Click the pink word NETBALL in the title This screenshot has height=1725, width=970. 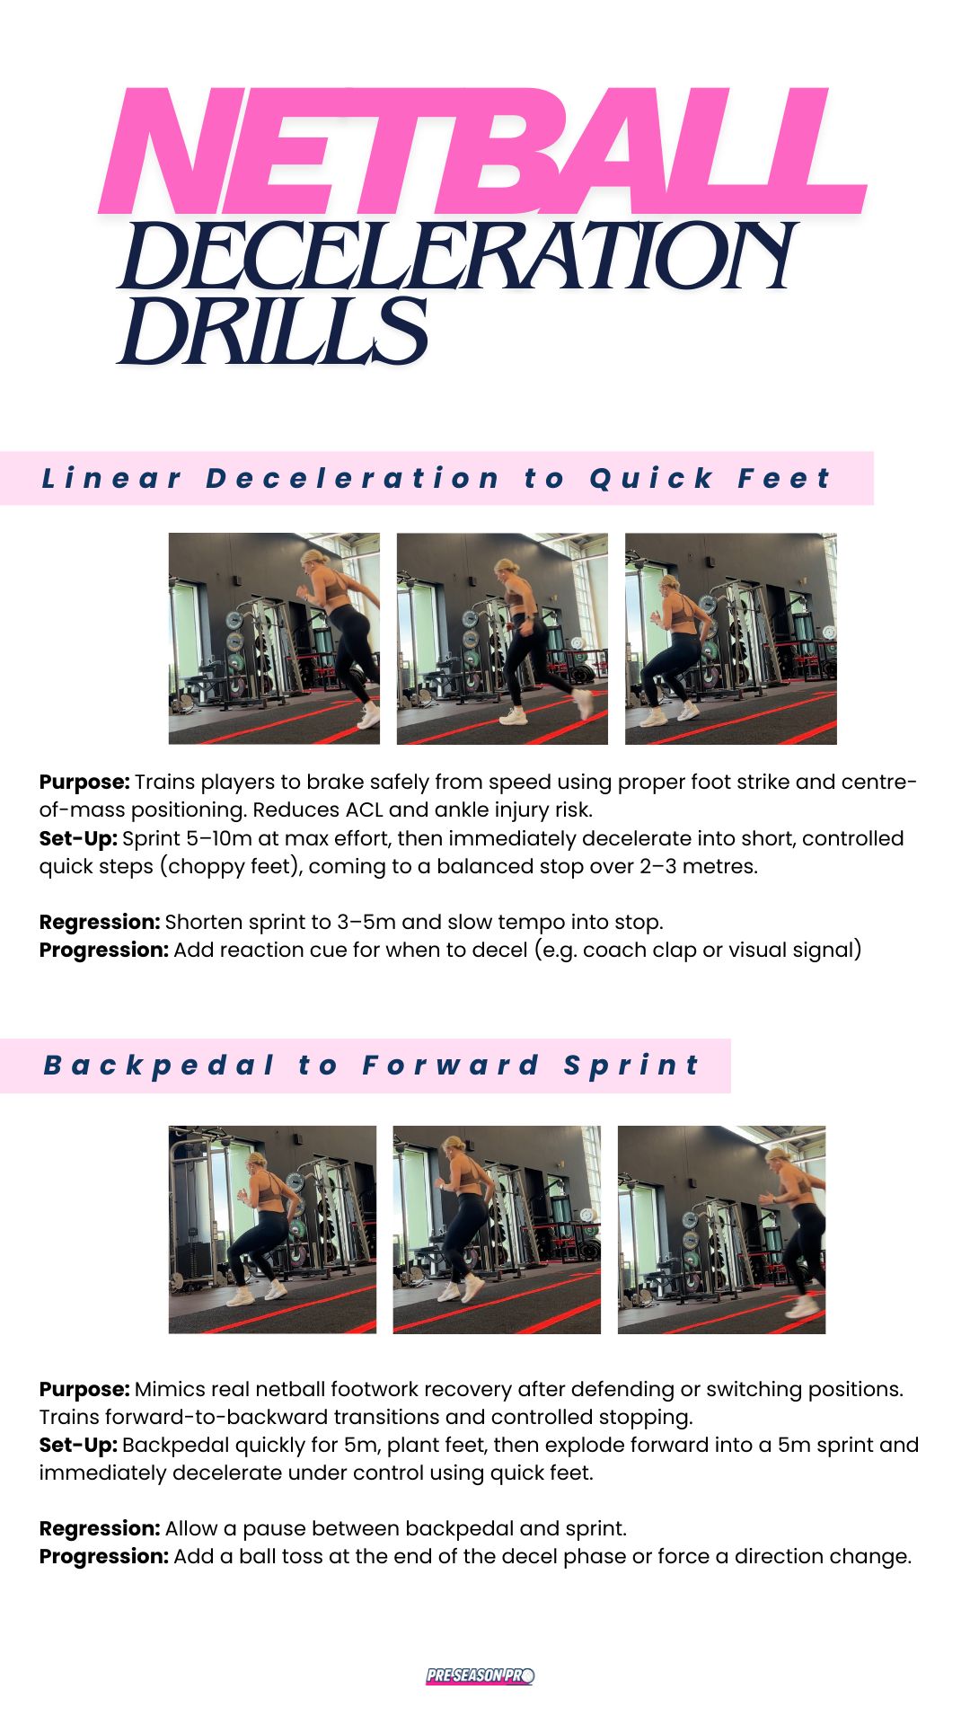[x=482, y=151]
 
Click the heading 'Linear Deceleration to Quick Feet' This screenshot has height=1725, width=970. [x=436, y=479]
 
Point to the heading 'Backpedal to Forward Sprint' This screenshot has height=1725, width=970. [x=371, y=1066]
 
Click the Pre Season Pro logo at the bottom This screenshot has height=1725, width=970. [x=481, y=1676]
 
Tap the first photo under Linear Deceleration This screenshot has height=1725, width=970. [x=274, y=639]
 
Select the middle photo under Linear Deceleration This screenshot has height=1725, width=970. [x=502, y=639]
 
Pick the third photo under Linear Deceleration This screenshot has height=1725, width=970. [x=730, y=639]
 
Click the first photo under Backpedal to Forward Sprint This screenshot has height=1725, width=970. [x=272, y=1229]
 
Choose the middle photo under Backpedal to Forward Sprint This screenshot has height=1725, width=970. [x=497, y=1229]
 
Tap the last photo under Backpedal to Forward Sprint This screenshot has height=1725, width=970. [x=721, y=1229]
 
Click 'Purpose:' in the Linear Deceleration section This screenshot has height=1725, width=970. [x=84, y=783]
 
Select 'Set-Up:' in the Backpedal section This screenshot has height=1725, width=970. [x=78, y=1445]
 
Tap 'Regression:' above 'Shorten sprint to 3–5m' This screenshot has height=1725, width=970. [x=100, y=923]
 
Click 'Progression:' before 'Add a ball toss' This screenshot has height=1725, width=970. [x=103, y=1557]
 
